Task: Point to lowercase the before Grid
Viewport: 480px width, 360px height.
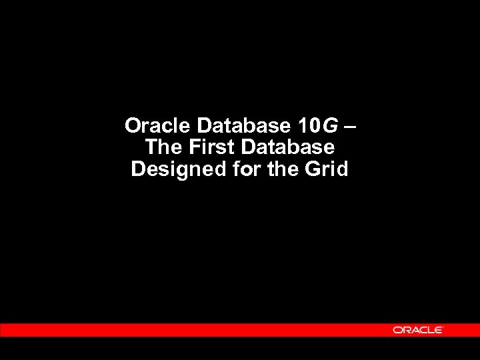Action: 283,169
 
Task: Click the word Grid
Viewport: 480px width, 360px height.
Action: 327,169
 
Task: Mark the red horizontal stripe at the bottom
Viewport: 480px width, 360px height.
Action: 200,330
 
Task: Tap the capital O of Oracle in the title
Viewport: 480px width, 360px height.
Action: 133,125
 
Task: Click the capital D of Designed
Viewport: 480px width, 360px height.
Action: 138,169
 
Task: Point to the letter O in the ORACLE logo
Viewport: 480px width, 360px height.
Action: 397,330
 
